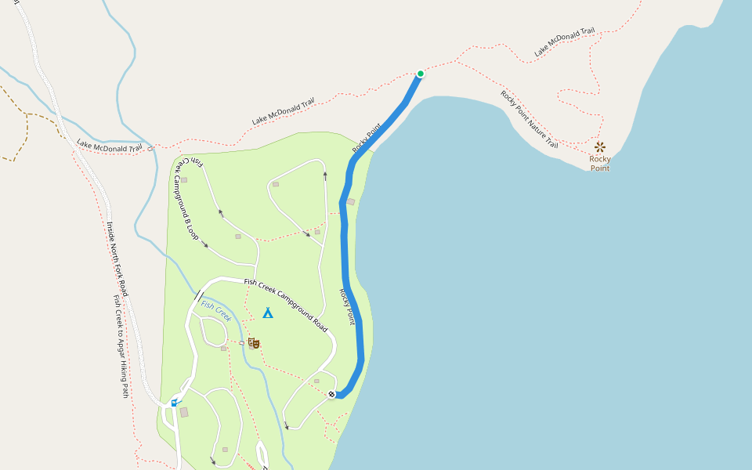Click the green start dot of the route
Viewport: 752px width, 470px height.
421,74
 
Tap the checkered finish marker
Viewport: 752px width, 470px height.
331,394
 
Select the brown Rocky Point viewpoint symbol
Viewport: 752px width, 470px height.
600,146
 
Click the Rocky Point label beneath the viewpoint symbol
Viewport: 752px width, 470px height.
600,163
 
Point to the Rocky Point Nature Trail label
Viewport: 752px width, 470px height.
530,120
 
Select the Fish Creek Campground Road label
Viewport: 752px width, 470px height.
285,304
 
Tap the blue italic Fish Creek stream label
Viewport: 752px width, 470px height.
216,311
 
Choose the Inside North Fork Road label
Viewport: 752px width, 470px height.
117,258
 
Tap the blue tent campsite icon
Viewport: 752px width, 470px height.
267,313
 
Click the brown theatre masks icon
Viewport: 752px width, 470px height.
253,343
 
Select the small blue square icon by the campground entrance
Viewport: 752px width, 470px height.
174,403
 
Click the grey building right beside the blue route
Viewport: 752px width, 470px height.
350,201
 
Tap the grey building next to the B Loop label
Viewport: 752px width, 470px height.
183,179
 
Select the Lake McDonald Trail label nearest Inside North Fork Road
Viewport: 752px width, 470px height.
110,146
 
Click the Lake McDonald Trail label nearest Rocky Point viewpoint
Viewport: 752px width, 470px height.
564,42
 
